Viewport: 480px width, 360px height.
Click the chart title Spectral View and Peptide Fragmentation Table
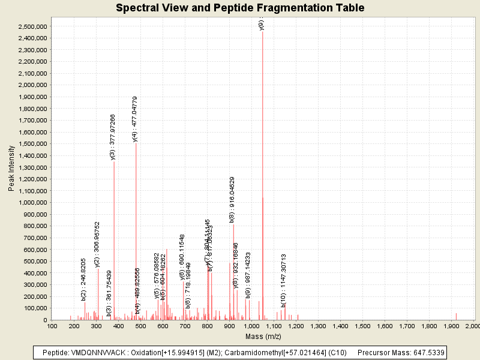click(x=240, y=8)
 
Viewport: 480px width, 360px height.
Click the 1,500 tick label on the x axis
click(x=362, y=326)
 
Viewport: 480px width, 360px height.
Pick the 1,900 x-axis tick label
click(x=451, y=326)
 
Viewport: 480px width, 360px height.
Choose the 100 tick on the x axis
click(x=52, y=326)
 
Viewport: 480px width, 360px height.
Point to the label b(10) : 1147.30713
click(x=284, y=277)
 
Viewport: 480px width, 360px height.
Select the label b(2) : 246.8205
click(x=84, y=279)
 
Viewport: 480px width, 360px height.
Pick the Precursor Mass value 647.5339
click(x=425, y=352)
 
